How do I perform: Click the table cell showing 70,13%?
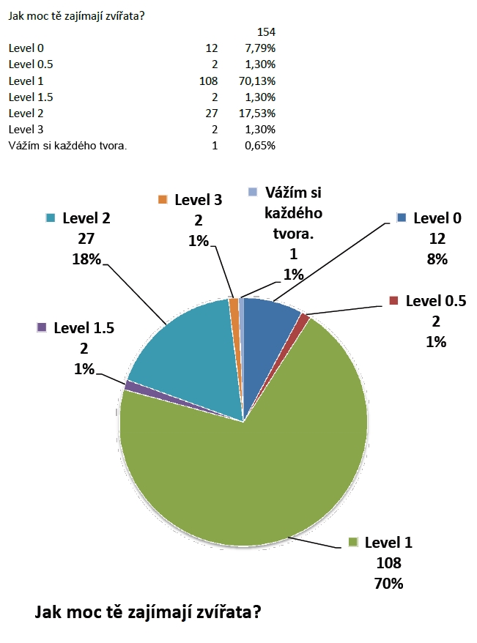[257, 81]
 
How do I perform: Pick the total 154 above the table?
[266, 32]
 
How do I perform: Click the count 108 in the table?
[209, 81]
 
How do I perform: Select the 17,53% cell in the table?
[257, 113]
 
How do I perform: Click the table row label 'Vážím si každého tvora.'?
[68, 145]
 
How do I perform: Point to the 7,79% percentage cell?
[259, 48]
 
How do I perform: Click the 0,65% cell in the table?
[259, 145]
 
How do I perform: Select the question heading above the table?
[76, 15]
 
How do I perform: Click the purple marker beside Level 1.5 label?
[42, 327]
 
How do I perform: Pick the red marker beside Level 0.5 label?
[393, 301]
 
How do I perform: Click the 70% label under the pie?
[388, 584]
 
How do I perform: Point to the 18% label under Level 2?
[87, 258]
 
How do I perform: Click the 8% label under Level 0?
[437, 259]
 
